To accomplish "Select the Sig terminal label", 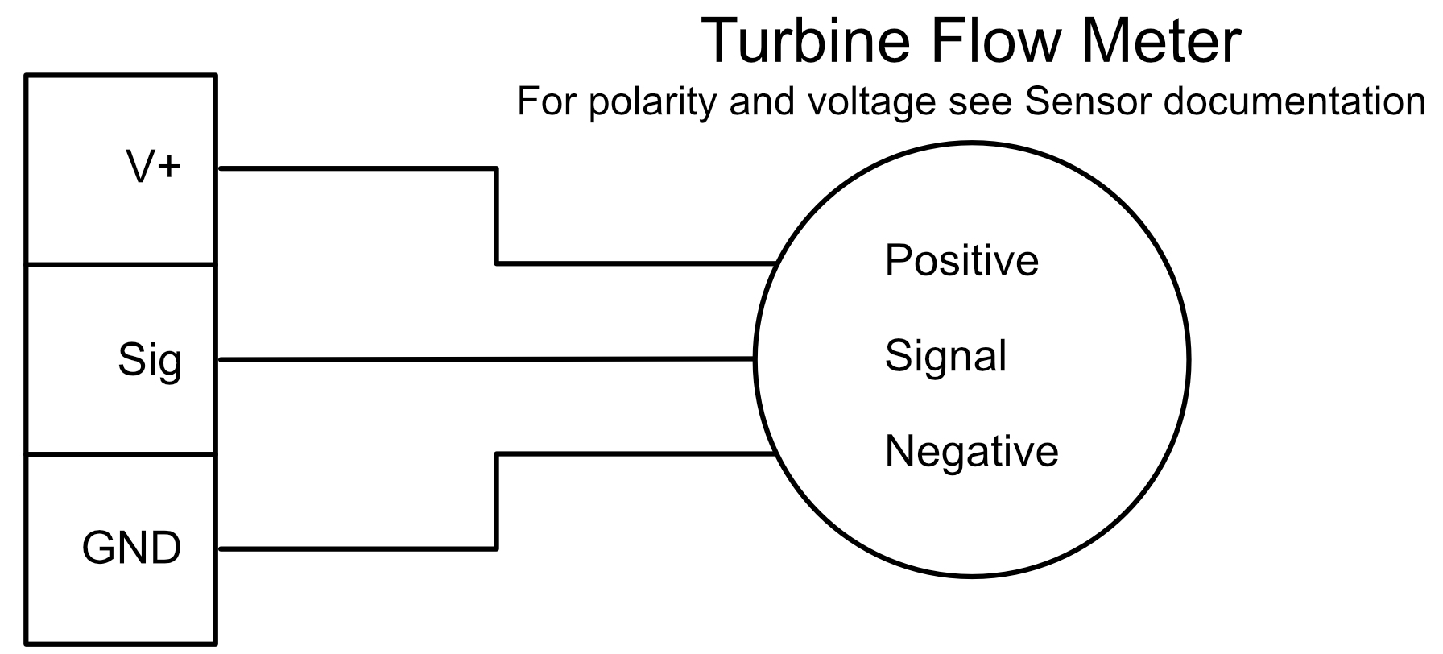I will (150, 359).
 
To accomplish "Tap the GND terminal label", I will (132, 548).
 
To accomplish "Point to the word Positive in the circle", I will (961, 260).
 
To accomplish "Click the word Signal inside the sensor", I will (945, 356).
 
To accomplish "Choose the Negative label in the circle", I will (971, 450).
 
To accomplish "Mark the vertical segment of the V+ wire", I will (497, 215).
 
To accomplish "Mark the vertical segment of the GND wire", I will (497, 502).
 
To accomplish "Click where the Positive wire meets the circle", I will (775, 263).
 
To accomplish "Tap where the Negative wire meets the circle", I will (775, 454).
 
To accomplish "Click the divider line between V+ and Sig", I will (121, 264).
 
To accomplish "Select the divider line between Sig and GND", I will (121, 454).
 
